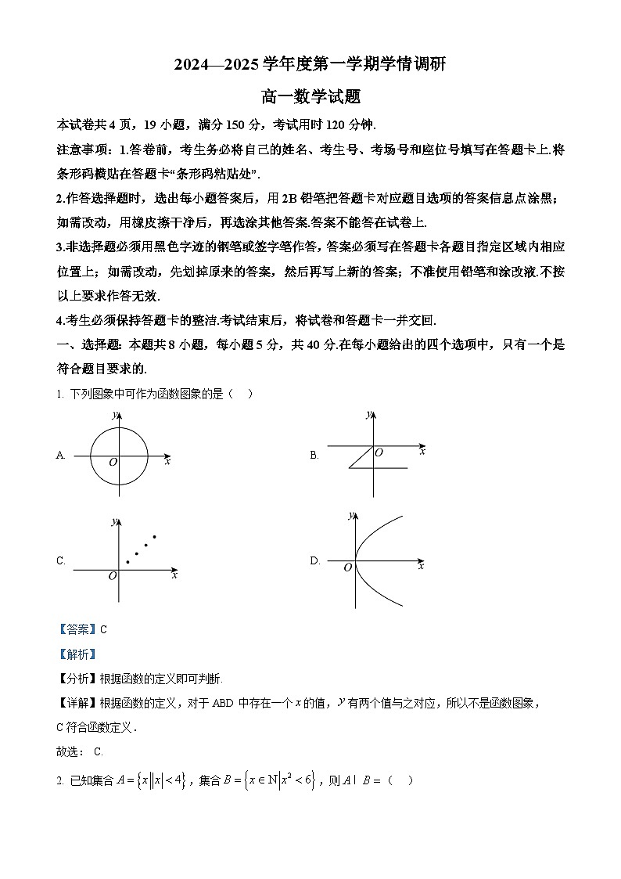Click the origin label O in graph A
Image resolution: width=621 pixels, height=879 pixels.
[113, 463]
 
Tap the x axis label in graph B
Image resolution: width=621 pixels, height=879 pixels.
[422, 452]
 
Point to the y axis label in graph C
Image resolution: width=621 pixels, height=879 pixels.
[113, 521]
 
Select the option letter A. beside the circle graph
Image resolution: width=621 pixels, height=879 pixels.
[61, 456]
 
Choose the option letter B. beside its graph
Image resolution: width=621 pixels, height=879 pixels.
[314, 456]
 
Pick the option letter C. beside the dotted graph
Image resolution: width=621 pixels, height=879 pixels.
[61, 560]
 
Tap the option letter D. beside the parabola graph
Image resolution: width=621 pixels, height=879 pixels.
[315, 560]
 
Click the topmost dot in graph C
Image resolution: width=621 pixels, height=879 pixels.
[154, 536]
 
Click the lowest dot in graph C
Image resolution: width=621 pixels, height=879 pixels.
[127, 562]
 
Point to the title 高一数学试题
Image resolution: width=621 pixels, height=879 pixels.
[310, 97]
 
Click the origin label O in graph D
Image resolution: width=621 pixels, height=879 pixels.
[348, 567]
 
